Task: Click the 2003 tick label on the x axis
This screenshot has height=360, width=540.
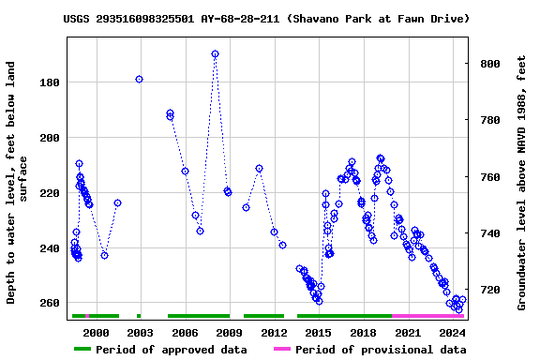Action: point(140,333)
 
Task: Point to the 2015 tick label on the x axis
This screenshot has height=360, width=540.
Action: point(319,333)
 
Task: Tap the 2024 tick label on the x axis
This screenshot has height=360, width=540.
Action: point(453,333)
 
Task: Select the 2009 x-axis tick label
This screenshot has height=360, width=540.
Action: point(229,333)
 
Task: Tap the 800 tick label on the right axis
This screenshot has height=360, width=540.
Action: point(489,64)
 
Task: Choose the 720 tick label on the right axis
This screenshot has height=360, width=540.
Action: point(489,290)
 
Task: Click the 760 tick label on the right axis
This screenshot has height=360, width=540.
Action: point(489,177)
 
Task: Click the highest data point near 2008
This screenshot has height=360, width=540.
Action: point(215,54)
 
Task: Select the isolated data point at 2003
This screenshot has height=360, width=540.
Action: point(139,80)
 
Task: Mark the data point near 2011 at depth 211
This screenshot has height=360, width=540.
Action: point(259,169)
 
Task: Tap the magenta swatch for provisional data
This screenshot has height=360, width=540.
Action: point(281,350)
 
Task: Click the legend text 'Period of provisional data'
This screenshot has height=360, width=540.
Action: point(380,350)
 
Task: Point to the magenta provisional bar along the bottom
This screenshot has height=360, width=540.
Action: point(427,316)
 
